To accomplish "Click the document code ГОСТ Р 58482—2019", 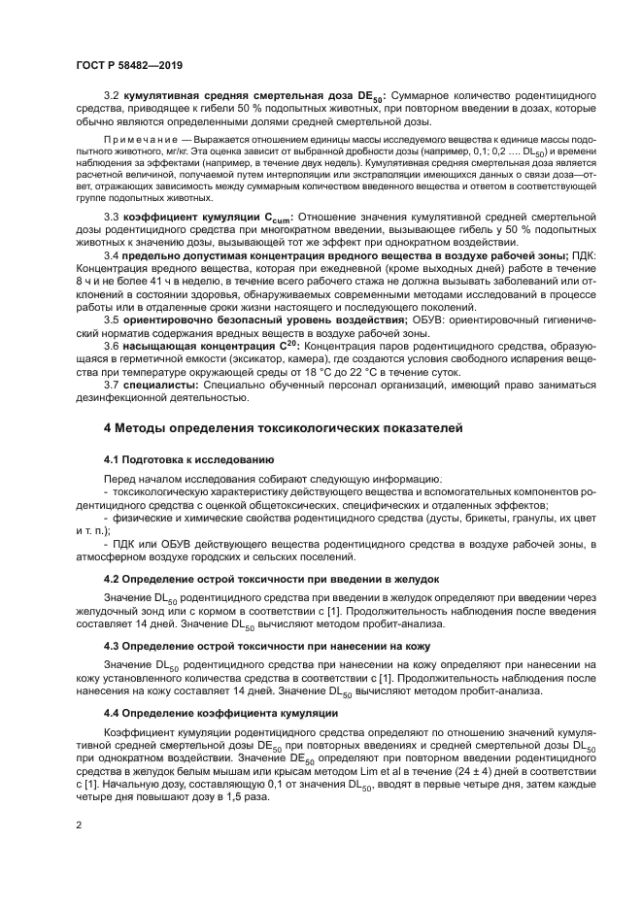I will [x=129, y=63].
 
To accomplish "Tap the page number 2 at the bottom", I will [x=79, y=825].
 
